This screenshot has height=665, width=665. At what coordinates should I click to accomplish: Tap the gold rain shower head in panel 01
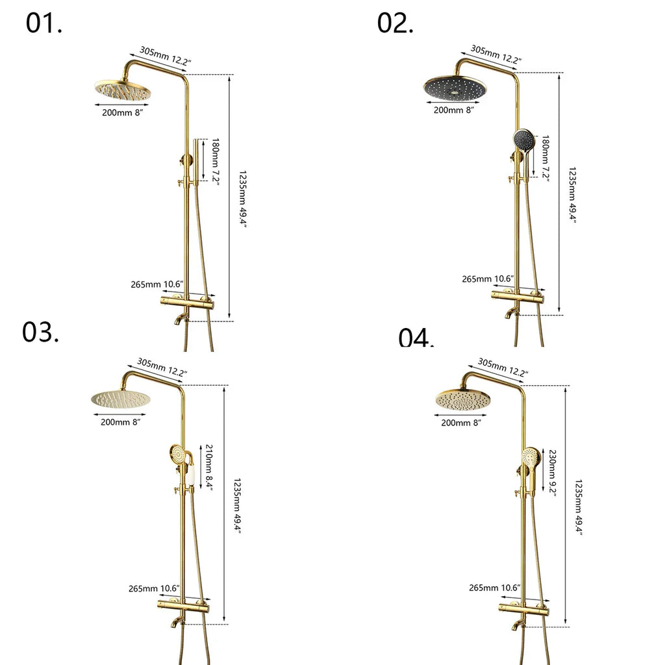(x=123, y=92)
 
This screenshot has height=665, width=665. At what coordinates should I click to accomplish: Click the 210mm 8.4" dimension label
(x=209, y=466)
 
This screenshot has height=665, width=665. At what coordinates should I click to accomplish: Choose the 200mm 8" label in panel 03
(x=120, y=422)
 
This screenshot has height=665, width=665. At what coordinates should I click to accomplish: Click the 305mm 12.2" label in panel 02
(x=496, y=54)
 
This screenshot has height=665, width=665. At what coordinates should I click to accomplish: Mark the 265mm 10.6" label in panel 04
(x=494, y=588)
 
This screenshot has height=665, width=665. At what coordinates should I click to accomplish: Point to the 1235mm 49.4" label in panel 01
(x=243, y=198)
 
